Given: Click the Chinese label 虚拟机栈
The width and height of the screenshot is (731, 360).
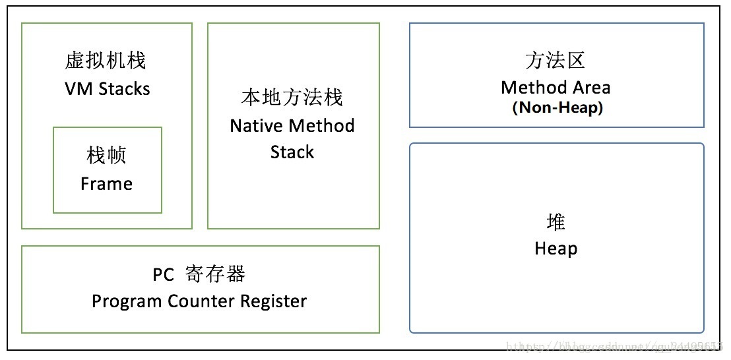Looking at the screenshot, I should [106, 61].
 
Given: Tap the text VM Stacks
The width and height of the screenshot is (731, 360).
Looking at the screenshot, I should [107, 89].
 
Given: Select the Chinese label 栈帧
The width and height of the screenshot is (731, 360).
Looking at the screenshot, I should [106, 156].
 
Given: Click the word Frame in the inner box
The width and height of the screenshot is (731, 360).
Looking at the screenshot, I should [106, 184].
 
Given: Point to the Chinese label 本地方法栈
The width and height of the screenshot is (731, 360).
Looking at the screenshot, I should [292, 98].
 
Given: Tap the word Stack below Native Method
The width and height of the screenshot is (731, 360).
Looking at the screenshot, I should [292, 152].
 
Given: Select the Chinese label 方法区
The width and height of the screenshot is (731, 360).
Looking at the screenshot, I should [556, 61].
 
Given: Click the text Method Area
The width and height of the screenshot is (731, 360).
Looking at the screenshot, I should [556, 88].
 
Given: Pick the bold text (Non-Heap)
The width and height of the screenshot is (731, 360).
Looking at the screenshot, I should [557, 107].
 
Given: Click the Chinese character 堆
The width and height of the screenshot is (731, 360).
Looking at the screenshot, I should [556, 222].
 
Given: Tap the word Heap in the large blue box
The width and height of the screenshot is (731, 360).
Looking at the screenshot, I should [556, 249].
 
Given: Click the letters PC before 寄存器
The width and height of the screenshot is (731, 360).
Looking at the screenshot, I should [163, 275].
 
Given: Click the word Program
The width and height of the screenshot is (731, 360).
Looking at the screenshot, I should [126, 302].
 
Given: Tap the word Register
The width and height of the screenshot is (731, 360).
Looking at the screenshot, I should [273, 302].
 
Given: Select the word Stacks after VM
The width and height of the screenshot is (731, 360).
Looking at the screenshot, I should [125, 89].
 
